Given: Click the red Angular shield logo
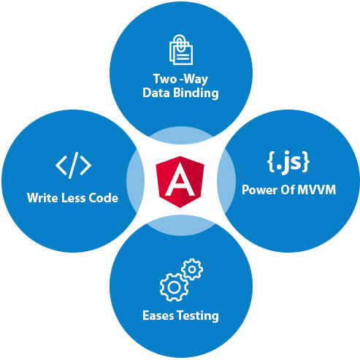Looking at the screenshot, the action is tap(180, 182).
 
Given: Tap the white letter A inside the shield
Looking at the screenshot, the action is tap(180, 180).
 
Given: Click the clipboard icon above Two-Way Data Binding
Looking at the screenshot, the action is tap(181, 50).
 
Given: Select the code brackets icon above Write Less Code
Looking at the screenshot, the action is tap(73, 165).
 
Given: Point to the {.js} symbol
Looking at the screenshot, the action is tap(288, 162).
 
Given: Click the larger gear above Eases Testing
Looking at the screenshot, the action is tap(174, 288).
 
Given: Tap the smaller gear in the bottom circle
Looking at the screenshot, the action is tap(192, 269).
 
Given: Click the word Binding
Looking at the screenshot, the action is tap(196, 93).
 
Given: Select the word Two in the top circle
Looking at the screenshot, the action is tap(165, 79).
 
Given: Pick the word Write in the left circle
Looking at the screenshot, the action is tap(42, 197).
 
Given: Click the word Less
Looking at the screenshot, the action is tap(73, 198).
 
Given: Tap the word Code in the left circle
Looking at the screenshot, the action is tap(103, 198).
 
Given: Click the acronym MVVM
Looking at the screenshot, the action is tap(317, 190).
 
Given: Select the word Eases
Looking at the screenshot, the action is tap(158, 315).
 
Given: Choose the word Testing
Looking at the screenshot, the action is tap(198, 316).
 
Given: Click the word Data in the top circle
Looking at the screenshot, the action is tap(156, 93).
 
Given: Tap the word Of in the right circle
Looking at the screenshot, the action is tap(288, 190).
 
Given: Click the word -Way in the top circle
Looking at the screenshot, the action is tap(194, 80).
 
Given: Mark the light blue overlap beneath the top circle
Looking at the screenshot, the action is tap(181, 135).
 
